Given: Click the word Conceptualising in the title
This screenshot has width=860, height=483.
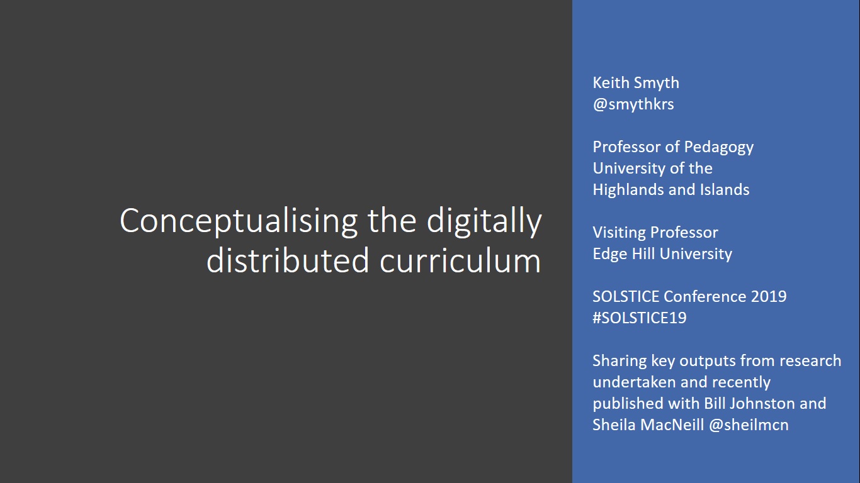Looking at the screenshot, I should coord(239,221).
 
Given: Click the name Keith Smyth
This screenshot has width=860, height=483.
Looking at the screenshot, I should coord(636,82).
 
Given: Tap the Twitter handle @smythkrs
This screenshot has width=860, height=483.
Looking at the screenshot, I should coord(633,104).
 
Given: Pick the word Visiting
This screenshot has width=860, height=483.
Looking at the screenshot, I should coord(619,232).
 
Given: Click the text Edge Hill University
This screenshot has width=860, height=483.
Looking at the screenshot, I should coord(662,253).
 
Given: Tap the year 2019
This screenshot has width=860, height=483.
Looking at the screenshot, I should coord(768,296).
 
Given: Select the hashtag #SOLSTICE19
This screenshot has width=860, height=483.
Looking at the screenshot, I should coord(640,318).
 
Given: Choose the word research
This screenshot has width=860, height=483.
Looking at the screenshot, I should coord(811,360).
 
